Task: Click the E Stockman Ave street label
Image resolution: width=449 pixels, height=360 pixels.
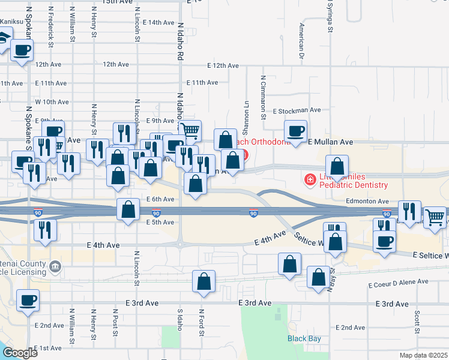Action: [x=297, y=110]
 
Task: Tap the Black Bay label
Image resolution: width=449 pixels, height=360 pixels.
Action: [x=304, y=339]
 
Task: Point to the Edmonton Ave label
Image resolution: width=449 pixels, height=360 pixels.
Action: [x=367, y=202]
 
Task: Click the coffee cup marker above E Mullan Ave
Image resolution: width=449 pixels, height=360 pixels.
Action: [x=295, y=131]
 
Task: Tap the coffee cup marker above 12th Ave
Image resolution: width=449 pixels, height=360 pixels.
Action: [x=22, y=50]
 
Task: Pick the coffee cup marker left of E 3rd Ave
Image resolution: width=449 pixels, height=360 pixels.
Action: [x=27, y=300]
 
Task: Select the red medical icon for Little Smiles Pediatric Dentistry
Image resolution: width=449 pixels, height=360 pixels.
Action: [x=310, y=179]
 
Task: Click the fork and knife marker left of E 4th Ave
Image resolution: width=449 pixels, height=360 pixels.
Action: [x=45, y=230]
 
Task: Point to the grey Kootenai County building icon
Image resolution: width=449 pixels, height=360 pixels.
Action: [x=55, y=265]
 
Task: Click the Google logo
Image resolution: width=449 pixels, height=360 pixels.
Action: [x=19, y=353]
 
